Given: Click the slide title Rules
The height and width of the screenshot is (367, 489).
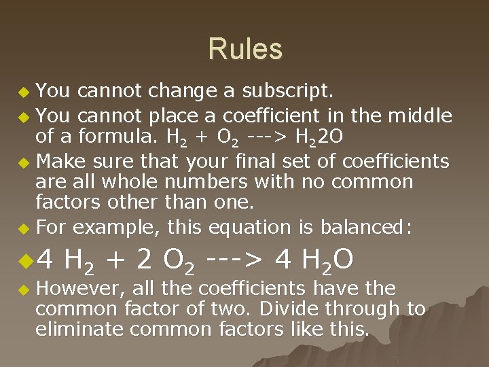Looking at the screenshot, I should tap(244, 50).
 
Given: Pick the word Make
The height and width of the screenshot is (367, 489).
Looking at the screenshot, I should tap(59, 161).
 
